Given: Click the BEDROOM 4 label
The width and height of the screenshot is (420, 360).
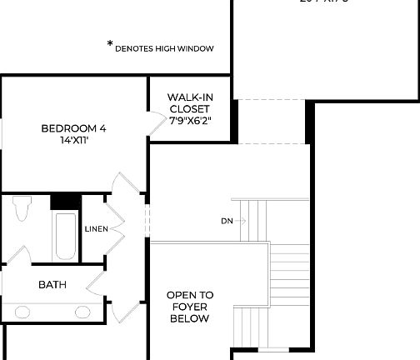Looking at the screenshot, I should coord(73,128).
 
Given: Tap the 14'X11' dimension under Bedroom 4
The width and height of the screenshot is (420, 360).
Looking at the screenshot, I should coord(73,141).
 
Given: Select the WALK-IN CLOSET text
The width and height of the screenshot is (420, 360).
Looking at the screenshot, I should coord(189,103).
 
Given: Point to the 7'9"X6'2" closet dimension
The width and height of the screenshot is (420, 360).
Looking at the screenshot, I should coord(189,121).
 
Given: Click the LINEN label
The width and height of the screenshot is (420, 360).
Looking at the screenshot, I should coord(96,228).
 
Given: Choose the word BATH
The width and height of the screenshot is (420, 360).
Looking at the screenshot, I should coord(52,285).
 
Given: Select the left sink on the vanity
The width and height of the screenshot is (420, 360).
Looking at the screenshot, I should coord(17,312).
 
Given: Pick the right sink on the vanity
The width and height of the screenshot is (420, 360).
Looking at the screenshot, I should coord(83,312).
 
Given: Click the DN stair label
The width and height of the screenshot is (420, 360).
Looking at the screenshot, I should coord(227,221).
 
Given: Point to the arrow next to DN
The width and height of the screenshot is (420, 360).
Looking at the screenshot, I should coord(242,221).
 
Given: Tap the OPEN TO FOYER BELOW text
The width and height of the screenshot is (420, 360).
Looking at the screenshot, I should coord(189,306).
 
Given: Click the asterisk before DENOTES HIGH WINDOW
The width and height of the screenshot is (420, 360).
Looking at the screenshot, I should coord(109,44).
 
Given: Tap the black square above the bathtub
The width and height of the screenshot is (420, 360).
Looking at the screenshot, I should coord(64,202).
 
